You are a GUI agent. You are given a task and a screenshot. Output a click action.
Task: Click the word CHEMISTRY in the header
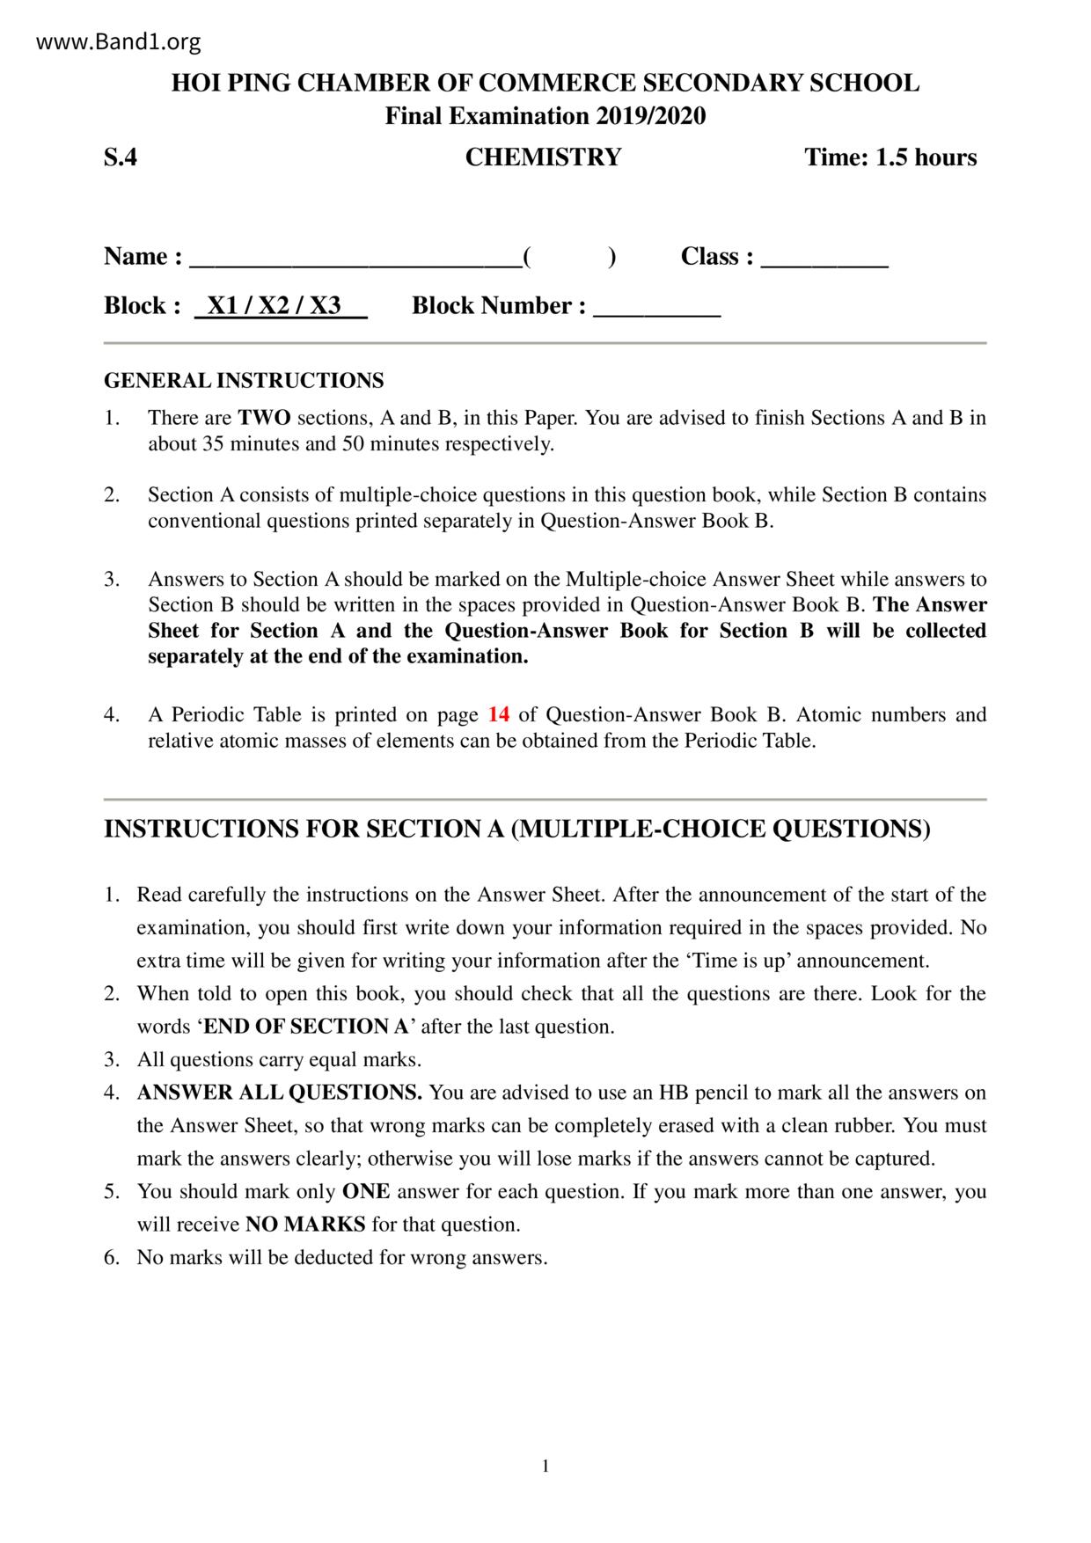coord(543,157)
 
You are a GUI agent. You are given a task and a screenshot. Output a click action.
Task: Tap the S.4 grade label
coord(121,157)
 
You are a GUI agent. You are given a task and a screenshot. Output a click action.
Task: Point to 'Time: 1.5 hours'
coord(890,157)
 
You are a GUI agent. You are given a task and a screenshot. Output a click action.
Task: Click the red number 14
coord(498,714)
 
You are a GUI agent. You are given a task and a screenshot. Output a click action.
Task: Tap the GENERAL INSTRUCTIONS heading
coord(244,381)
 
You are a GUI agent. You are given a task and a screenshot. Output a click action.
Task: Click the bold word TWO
coord(264,418)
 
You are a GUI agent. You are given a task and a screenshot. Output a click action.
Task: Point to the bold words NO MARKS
coord(305,1225)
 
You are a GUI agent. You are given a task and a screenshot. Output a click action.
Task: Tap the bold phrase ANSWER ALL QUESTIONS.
coord(280,1093)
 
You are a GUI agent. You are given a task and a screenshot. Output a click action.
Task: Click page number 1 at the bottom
coord(545,1466)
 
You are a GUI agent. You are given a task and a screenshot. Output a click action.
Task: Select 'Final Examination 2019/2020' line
coord(545,116)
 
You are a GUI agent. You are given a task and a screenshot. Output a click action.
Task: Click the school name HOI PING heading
coord(545,84)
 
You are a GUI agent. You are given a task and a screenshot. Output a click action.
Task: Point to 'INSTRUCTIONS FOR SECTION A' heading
coord(517,829)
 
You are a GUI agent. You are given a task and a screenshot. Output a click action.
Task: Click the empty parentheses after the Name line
coord(568,257)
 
